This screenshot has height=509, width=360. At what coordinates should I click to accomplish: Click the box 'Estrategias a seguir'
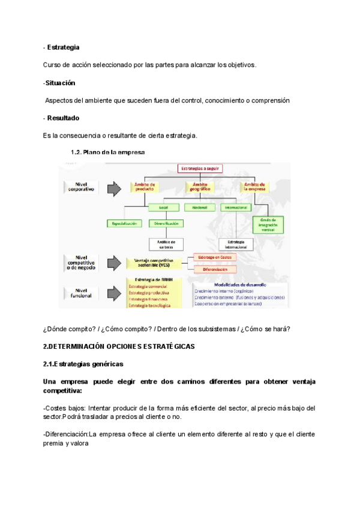coord(200,169)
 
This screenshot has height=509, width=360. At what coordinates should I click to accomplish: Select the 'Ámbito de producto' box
coord(145,187)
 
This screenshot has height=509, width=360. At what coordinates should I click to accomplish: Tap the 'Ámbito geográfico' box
coord(200,187)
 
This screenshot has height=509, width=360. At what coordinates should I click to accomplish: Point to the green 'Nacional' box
coord(196,207)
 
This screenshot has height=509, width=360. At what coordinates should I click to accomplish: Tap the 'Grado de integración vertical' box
coord(268,224)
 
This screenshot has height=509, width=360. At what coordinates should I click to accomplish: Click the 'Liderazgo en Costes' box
coord(215,257)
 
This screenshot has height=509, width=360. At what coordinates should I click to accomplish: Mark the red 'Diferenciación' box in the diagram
coord(215,270)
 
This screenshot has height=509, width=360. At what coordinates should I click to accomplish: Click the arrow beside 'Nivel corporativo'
coord(114,189)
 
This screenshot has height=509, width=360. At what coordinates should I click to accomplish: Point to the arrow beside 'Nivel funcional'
coord(114,294)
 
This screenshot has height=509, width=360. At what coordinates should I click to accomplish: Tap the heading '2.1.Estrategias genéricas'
coord(83,364)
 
